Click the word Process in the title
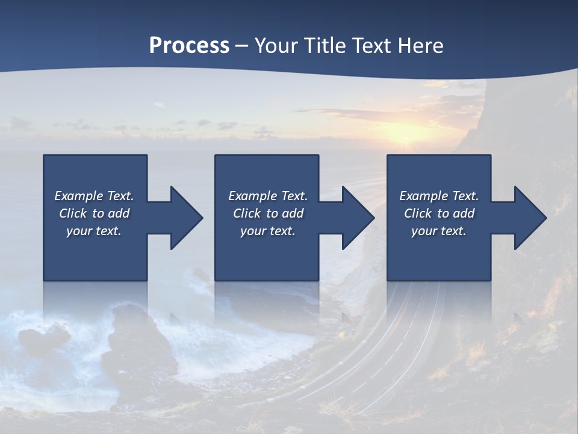pyautogui.click(x=189, y=45)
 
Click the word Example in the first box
pyautogui.click(x=78, y=196)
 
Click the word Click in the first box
pyautogui.click(x=73, y=213)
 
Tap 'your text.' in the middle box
pyautogui.click(x=267, y=231)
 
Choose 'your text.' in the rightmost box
pyautogui.click(x=439, y=231)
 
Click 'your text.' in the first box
pyautogui.click(x=94, y=231)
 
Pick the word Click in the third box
pyautogui.click(x=418, y=213)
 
